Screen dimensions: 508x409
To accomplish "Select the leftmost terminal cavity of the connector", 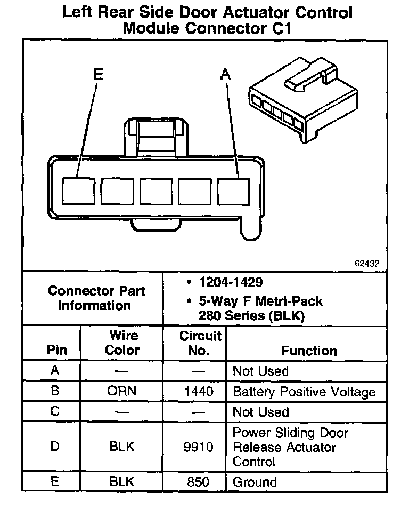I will (x=78, y=190).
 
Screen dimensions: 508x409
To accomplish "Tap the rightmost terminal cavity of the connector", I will (x=234, y=190).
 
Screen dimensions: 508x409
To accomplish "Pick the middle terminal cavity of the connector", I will (x=156, y=190).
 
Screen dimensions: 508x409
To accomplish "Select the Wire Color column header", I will (x=122, y=343).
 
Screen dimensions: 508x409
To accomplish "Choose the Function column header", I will (x=309, y=351).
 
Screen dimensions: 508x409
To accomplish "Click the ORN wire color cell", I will (x=122, y=391).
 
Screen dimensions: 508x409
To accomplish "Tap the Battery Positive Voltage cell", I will (x=304, y=392).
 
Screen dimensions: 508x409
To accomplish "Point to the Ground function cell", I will (x=255, y=482).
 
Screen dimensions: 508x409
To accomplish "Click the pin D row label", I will (x=55, y=447).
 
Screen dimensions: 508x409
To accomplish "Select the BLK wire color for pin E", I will (x=122, y=482).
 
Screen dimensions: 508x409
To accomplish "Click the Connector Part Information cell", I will (x=96, y=298).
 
